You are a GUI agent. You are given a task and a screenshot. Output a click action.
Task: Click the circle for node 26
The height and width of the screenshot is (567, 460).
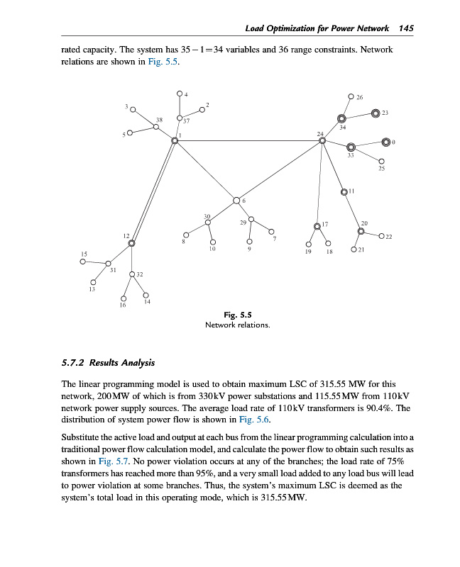coord(351,96)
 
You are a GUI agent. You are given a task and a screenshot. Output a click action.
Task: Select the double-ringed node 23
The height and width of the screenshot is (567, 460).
coord(376,113)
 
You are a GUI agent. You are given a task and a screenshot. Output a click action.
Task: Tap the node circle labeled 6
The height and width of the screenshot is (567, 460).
coord(236,200)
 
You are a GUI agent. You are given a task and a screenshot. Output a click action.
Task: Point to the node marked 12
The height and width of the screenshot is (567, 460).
coord(131,243)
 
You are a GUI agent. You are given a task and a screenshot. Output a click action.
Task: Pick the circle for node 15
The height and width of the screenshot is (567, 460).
coord(83,261)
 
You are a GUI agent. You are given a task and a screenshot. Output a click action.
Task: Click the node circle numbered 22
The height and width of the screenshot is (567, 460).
coord(381,236)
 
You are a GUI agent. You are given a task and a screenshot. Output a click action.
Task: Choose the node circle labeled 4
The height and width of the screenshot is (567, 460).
coord(180,94)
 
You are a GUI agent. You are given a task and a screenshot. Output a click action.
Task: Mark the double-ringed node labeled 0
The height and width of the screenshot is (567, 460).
coord(385,142)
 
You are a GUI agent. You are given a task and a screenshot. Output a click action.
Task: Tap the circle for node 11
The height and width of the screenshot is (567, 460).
coord(344,191)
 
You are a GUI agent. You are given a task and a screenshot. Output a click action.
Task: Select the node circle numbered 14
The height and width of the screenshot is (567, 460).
coord(146,296)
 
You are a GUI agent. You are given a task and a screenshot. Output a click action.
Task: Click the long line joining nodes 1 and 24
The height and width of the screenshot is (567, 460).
coord(248,140)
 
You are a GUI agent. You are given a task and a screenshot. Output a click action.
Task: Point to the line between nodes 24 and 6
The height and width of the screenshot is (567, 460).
coord(279,170)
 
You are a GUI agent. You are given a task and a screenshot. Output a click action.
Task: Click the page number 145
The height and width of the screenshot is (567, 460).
coord(406,28)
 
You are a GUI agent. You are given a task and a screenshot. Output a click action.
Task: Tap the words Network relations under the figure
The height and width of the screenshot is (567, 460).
coord(237,325)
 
